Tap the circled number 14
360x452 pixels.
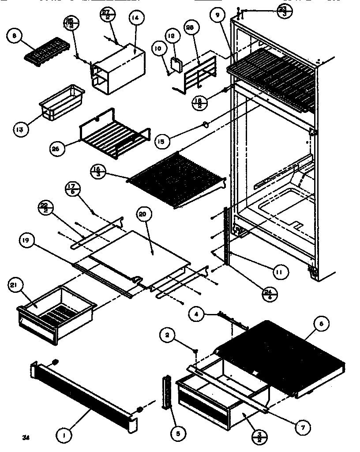135,19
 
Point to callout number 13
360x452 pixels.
20,129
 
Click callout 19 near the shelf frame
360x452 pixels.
25,240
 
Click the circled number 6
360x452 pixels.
321,324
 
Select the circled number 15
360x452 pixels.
161,141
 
